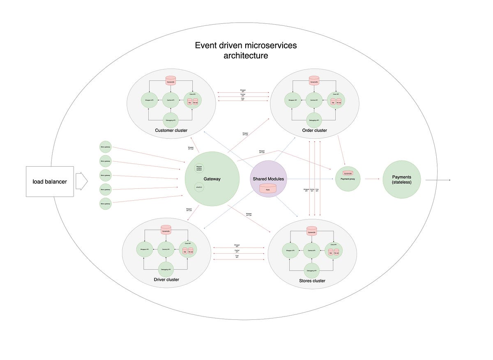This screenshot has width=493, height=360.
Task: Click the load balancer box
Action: [50, 181]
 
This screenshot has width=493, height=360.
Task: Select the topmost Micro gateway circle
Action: [106, 147]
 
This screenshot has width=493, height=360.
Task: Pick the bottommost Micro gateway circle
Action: [106, 204]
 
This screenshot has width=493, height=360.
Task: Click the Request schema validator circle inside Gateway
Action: [199, 168]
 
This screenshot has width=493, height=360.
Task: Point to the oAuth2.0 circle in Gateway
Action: [199, 188]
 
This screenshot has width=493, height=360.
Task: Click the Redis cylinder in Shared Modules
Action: [268, 189]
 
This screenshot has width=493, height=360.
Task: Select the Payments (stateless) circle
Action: [402, 179]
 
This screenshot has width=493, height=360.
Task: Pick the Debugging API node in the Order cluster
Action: [314, 120]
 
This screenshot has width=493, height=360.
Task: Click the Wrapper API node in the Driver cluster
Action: [144, 249]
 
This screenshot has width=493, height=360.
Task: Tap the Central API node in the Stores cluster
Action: [312, 250]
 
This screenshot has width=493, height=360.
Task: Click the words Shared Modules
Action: [268, 179]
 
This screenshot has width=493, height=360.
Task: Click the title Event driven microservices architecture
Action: [246, 50]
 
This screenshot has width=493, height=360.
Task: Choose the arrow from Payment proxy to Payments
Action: [372, 179]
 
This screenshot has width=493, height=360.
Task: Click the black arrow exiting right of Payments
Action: [439, 180]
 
